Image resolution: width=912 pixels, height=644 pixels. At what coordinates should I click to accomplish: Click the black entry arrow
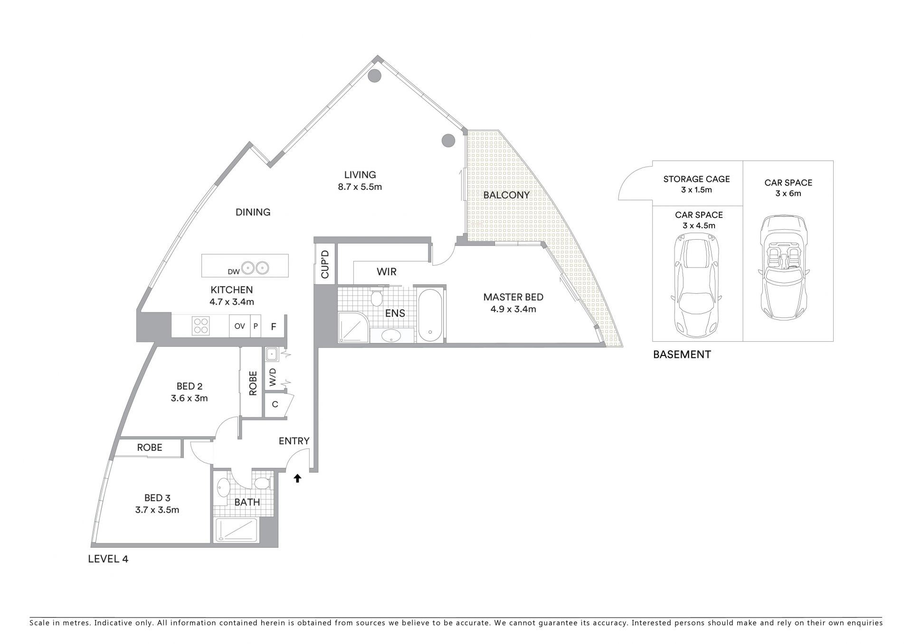coord(297,478)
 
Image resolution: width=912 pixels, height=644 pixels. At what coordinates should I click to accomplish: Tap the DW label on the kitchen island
coord(233,271)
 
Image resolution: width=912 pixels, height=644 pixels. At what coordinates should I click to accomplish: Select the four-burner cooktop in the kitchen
coord(200,326)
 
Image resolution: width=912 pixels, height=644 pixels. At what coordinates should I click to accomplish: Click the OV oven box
coord(239,326)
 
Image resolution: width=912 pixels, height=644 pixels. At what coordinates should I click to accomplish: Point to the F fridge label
coord(274,327)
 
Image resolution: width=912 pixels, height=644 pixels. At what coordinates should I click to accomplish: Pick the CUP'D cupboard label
coord(325,264)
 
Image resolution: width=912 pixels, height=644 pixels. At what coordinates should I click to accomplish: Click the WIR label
coord(387,272)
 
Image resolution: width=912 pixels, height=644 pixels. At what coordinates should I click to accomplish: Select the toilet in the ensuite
coord(377,298)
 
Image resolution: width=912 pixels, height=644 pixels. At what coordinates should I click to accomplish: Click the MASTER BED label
coord(513,297)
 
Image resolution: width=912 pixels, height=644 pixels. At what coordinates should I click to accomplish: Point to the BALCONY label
coord(506,195)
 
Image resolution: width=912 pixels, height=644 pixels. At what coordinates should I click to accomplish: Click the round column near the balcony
coord(448,140)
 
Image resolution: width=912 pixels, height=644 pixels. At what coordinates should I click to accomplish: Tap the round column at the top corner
coord(375,75)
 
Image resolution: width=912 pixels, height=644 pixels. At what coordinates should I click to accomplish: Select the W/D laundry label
coord(273,377)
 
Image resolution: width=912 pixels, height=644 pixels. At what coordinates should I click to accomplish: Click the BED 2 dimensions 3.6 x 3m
coord(189,398)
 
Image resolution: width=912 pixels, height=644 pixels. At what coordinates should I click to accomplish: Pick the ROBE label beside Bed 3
coord(150,447)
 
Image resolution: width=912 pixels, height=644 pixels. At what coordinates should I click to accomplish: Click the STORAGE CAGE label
coord(696,179)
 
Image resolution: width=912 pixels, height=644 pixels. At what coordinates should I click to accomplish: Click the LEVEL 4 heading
coord(108,559)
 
